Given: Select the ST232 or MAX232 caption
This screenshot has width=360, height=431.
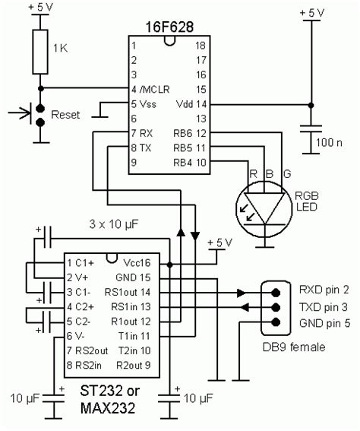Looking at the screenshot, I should pyautogui.click(x=109, y=400).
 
